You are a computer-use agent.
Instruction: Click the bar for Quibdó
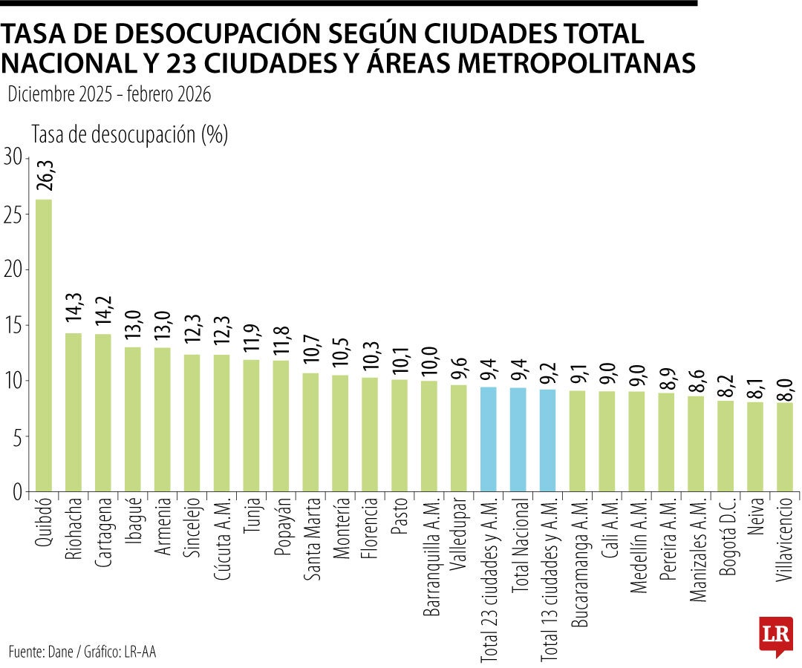tap(44, 345)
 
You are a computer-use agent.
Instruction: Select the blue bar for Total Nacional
tap(518, 439)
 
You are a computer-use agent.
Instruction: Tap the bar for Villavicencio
tap(784, 447)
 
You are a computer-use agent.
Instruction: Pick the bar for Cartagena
tap(103, 413)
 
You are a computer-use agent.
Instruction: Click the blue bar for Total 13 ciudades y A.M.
tap(547, 440)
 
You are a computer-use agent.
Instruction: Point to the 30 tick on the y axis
tap(13, 157)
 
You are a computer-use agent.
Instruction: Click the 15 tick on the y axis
tap(13, 325)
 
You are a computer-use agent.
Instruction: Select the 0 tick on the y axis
tap(17, 492)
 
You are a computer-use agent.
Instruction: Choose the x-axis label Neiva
tap(755, 520)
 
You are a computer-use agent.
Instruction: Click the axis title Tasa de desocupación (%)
tap(129, 134)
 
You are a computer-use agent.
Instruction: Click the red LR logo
tap(775, 635)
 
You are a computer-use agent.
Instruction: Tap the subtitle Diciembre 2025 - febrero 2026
tap(109, 94)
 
